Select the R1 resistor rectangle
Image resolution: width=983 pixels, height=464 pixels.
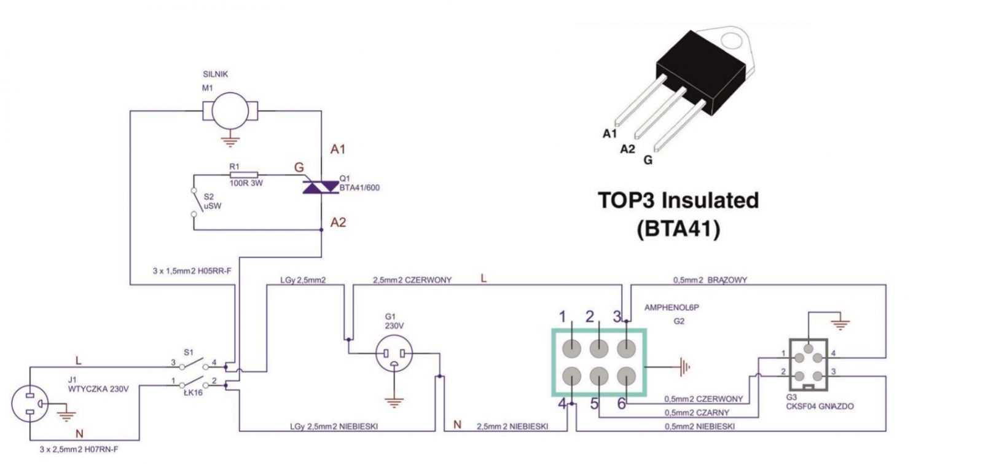(244, 175)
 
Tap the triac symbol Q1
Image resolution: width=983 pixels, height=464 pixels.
(321, 187)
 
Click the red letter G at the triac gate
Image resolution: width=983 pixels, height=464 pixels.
(299, 167)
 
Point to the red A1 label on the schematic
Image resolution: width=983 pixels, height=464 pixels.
(338, 149)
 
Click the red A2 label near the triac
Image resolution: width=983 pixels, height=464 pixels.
(339, 222)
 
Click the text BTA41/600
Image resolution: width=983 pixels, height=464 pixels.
(359, 188)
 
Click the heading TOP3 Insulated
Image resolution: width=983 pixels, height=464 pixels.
(678, 200)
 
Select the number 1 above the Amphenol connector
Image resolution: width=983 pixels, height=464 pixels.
(563, 317)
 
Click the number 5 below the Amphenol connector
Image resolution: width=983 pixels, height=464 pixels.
(594, 404)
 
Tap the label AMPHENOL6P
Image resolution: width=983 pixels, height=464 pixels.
(672, 308)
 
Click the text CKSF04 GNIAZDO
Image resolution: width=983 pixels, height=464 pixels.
(820, 406)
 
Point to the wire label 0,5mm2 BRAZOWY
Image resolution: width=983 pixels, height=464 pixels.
(710, 280)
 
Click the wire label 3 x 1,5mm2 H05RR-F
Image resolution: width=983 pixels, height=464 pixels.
(192, 271)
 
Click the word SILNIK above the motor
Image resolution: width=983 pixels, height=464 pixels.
(216, 74)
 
